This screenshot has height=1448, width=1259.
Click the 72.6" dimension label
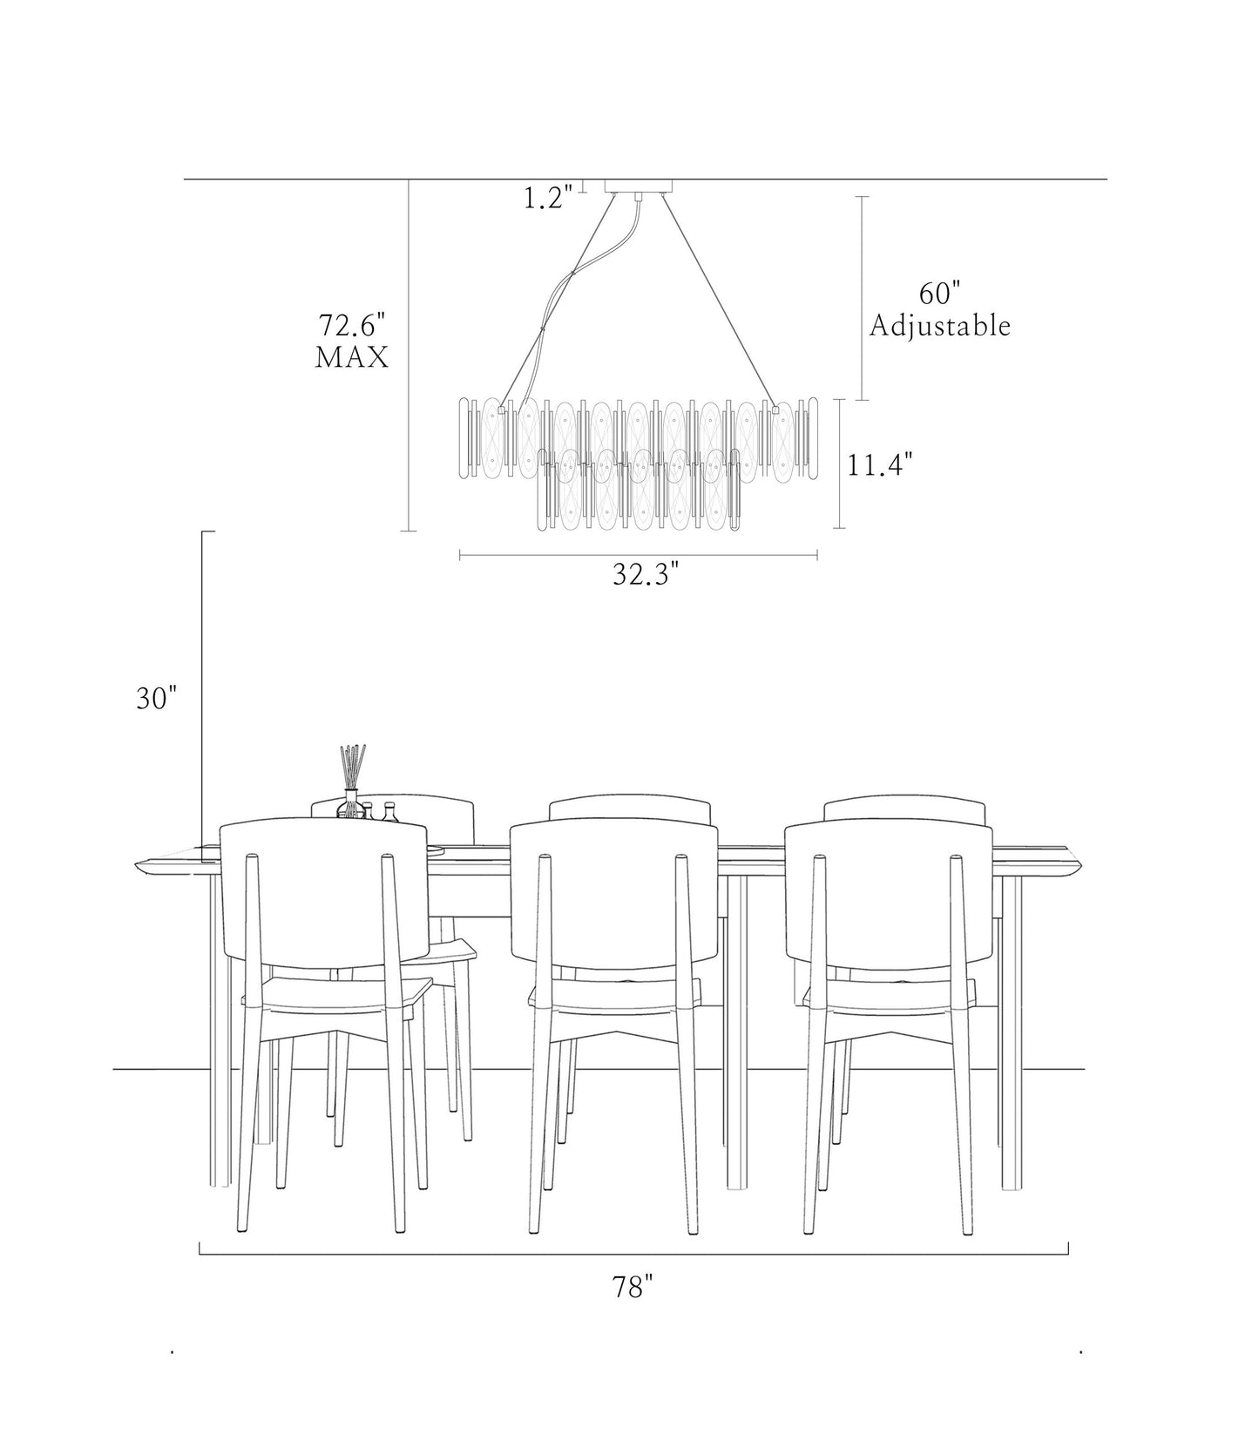click(350, 326)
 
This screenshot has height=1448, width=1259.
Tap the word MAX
click(351, 357)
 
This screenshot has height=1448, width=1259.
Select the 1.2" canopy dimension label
click(547, 198)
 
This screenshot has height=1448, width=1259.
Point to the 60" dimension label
click(938, 294)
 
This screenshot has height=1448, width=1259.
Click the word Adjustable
click(940, 326)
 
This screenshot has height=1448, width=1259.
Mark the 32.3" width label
click(645, 574)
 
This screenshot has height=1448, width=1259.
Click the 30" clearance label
click(157, 698)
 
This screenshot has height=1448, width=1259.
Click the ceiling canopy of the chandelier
click(639, 185)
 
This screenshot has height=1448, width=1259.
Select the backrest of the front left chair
click(324, 893)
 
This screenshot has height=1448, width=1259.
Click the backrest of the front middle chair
click(613, 893)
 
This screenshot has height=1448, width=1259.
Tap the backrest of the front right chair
click(889, 893)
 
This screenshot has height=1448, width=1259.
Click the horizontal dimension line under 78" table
click(633, 1254)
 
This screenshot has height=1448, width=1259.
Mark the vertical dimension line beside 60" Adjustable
click(863, 298)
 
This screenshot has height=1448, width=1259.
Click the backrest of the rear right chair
click(904, 808)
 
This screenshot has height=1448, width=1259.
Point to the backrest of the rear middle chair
click(630, 808)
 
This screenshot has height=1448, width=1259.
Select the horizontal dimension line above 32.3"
click(638, 554)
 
